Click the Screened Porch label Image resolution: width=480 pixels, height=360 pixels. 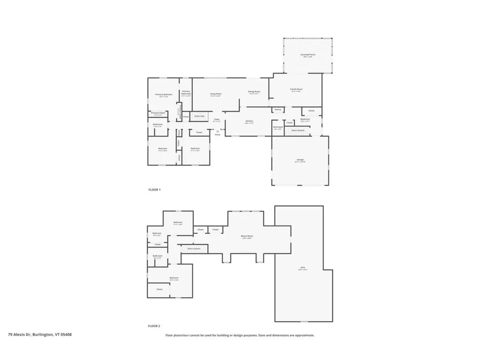coord(308,54)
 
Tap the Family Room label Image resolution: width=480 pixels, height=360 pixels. coord(296,89)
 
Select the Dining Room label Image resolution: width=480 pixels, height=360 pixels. coord(254,92)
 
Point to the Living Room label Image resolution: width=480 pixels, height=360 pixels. coord(216,94)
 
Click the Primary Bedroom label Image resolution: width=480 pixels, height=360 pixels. coord(164,95)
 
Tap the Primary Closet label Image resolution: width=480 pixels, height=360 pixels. coord(158,113)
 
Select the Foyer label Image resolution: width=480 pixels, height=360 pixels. coord(217,120)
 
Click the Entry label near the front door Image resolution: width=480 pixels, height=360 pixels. coord(218,135)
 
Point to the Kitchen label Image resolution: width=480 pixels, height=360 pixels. coord(249,121)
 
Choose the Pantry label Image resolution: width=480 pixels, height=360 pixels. coord(277,110)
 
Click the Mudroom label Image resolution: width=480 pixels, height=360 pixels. coord(306,120)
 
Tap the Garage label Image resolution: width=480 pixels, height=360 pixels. coord(300,160)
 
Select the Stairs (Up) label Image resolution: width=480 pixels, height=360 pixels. coord(199,116)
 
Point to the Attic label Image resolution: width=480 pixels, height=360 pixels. coord(303,269)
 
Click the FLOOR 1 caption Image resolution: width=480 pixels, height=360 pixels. coord(154,190)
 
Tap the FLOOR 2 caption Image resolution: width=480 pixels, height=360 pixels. coord(154,325)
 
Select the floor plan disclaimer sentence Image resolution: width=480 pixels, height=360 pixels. coord(240,335)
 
